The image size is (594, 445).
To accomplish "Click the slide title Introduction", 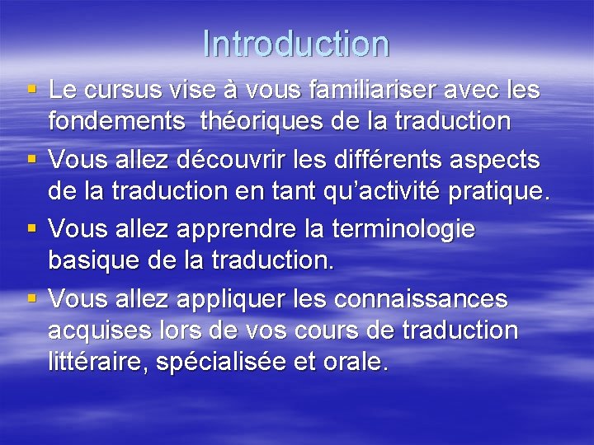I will pos(295,44).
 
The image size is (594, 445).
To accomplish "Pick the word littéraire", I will pos(93,363).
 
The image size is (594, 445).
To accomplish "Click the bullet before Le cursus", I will pos(32,89).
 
